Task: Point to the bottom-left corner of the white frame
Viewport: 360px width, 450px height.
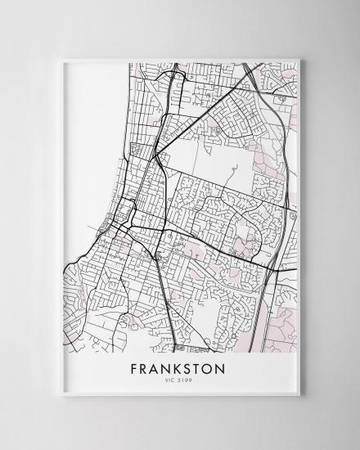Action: click(61, 396)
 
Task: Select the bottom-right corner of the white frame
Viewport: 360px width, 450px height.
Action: click(300, 396)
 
